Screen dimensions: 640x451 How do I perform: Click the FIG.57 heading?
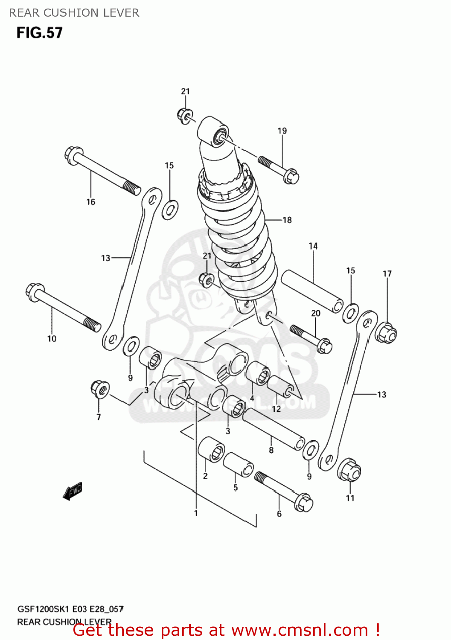(x=40, y=33)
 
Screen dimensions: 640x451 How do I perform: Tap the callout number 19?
(x=282, y=131)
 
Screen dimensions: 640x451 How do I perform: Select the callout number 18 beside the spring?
(x=287, y=220)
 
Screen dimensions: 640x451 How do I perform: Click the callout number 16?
(x=90, y=202)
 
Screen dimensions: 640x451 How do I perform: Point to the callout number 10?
(x=52, y=338)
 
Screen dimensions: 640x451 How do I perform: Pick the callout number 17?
(x=387, y=273)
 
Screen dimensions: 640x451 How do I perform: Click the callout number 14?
(x=313, y=246)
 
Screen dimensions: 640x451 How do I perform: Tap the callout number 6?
(x=279, y=514)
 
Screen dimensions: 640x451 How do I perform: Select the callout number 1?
(x=196, y=513)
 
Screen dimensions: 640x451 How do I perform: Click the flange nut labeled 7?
(x=100, y=389)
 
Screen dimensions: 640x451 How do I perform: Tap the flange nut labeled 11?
(x=349, y=471)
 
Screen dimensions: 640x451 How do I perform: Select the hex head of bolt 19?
(x=291, y=176)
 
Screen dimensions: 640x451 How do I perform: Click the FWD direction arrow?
(x=73, y=491)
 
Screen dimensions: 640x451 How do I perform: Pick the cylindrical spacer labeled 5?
(x=238, y=464)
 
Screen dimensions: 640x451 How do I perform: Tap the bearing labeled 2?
(x=211, y=449)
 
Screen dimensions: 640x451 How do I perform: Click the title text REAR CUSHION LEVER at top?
(x=74, y=13)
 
